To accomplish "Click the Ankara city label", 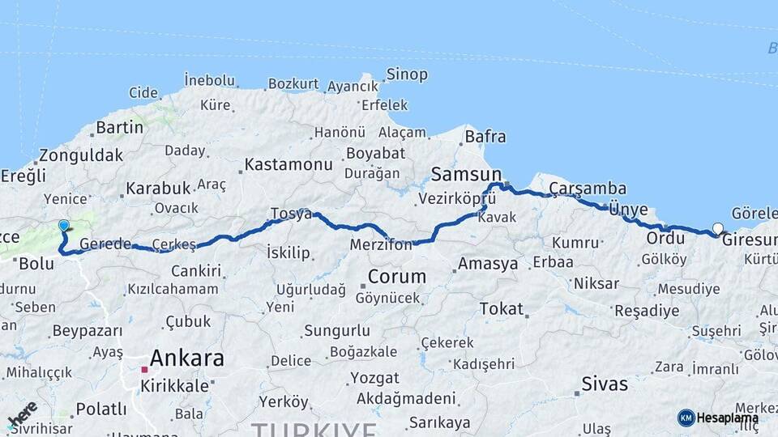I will (x=186, y=358).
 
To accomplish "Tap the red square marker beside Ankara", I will (x=144, y=370).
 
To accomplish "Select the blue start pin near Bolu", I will (x=64, y=226).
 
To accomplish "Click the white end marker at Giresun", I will (x=717, y=228).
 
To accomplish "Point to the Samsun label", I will (x=466, y=173).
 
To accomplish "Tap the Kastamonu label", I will (x=289, y=164).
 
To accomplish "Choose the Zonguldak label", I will (x=81, y=155).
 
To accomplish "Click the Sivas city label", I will (x=604, y=384).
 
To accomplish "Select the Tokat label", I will (x=501, y=309).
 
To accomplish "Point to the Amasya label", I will (x=488, y=264).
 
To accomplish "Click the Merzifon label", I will (x=381, y=244).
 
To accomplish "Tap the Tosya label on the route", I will (x=291, y=214).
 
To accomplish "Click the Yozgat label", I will (x=374, y=378).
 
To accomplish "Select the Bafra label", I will (x=485, y=137).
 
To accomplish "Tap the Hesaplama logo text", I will (x=727, y=418).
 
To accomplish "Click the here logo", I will (x=22, y=414).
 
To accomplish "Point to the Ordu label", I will (x=665, y=239).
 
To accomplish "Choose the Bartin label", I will (x=119, y=127).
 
